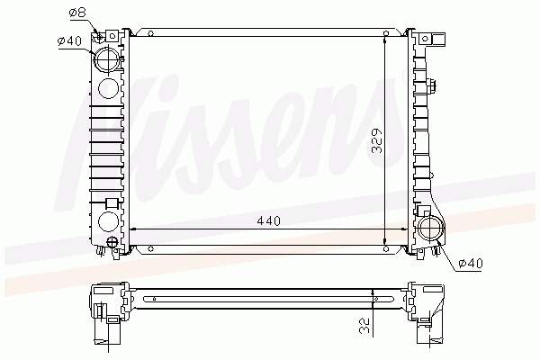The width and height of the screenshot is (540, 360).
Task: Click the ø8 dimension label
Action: tap(77, 13)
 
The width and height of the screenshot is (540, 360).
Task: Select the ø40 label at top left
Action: tap(69, 40)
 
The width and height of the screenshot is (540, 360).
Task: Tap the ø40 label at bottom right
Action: tap(470, 263)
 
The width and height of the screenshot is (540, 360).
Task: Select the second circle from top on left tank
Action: tap(108, 88)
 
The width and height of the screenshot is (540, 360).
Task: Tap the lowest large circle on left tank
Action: tap(108, 221)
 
